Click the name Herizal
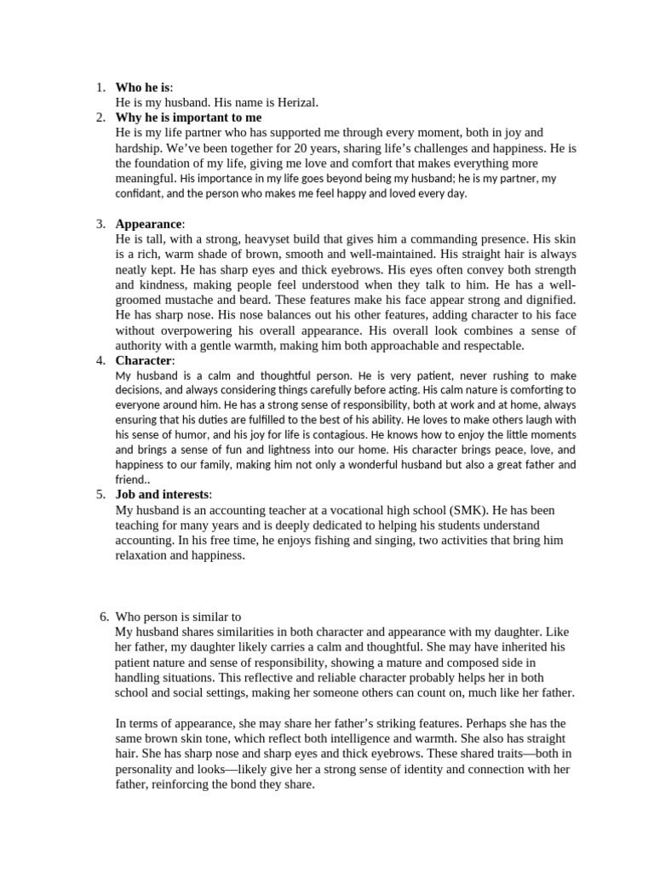click(292, 102)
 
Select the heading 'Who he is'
click(142, 88)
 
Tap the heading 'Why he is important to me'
click(188, 118)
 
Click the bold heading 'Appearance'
click(148, 224)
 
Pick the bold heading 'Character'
click(144, 360)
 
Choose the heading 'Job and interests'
click(163, 495)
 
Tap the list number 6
click(103, 617)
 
